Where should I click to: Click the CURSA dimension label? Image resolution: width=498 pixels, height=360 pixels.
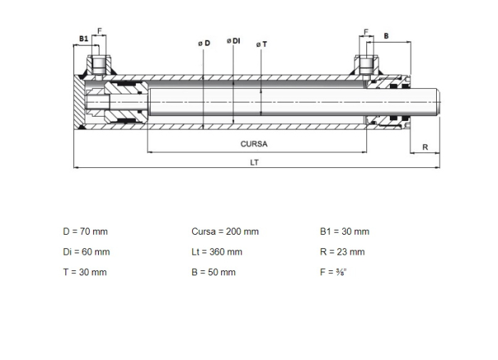[x=254, y=144]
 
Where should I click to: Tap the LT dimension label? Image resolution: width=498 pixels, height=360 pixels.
[x=254, y=162]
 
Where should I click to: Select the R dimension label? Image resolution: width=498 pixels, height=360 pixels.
[x=425, y=147]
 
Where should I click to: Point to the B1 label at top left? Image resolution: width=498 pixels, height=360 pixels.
[x=83, y=38]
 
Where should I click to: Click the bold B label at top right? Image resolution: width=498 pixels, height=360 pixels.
[x=386, y=36]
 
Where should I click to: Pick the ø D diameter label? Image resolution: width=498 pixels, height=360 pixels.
[x=204, y=43]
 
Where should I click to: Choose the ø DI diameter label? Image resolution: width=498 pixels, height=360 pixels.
[x=233, y=41]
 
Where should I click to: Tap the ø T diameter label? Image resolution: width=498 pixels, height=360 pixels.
[x=262, y=45]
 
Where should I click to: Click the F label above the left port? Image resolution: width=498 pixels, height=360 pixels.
[x=100, y=31]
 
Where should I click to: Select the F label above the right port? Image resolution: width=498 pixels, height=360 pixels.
[x=366, y=32]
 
